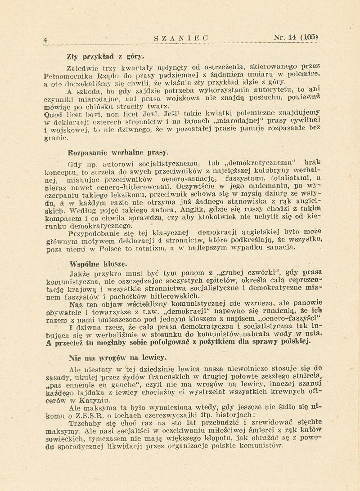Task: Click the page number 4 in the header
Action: click(45, 40)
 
